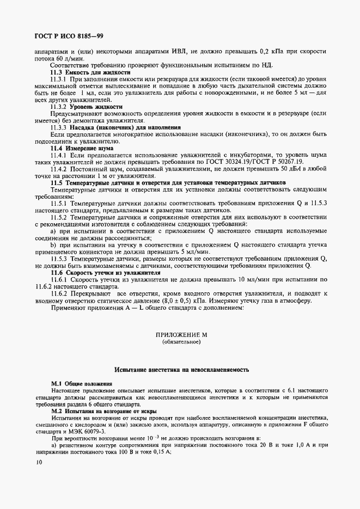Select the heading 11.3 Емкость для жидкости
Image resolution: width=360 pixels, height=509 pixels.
90,72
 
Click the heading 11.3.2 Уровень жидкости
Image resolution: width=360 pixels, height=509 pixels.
86,107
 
